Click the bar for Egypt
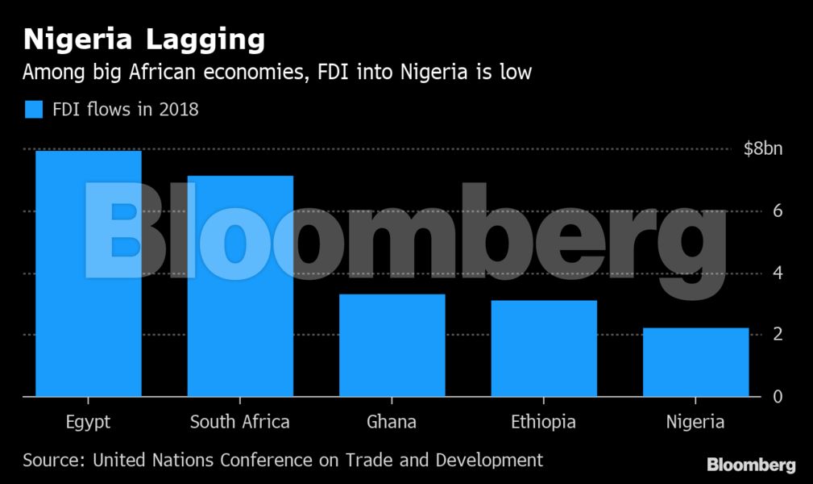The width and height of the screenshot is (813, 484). (89, 274)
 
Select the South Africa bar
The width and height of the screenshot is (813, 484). (240, 286)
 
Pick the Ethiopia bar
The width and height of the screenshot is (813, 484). (543, 348)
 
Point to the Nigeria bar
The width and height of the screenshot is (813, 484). (695, 362)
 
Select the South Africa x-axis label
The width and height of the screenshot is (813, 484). (240, 422)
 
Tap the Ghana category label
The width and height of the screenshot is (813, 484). (392, 422)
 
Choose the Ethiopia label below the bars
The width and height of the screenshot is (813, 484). (543, 422)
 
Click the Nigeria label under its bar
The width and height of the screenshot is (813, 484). (695, 422)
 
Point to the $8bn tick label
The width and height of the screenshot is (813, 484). (763, 149)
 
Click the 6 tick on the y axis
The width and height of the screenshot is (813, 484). (778, 211)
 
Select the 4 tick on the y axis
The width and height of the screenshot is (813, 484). (778, 273)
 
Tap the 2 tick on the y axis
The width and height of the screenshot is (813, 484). (778, 334)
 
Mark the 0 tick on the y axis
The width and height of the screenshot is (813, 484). (778, 396)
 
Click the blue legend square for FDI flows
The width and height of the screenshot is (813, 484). (33, 110)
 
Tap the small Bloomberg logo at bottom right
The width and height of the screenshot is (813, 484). (751, 465)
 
